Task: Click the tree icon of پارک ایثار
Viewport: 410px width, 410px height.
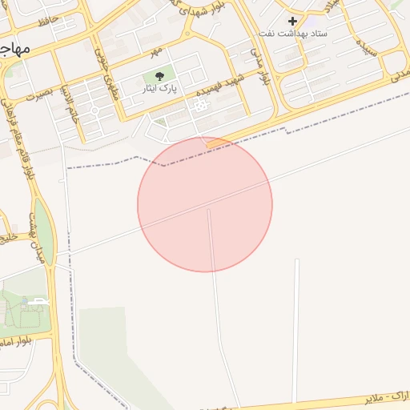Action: [x=159, y=78]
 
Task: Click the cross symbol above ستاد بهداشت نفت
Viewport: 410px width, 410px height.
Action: [x=292, y=21]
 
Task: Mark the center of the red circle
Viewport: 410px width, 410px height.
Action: [x=205, y=204]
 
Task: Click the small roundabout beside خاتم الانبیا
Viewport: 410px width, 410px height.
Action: [x=94, y=109]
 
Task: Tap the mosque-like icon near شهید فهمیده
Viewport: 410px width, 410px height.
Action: [x=196, y=105]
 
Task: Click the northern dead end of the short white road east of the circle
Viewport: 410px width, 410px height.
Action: [x=296, y=260]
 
